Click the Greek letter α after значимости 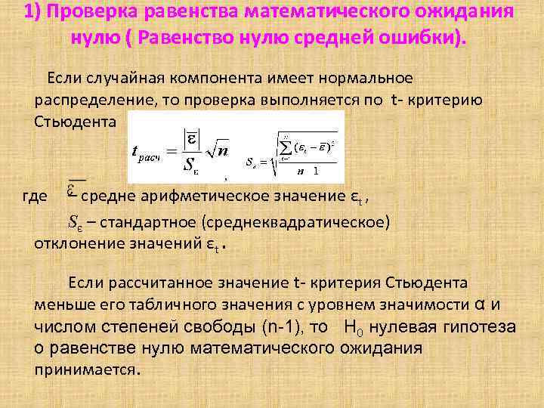(x=478, y=304)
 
